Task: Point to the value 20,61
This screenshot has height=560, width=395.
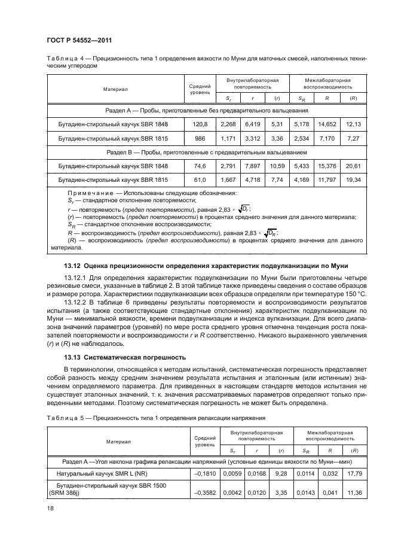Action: (354, 166)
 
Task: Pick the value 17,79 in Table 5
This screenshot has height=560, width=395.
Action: (354, 473)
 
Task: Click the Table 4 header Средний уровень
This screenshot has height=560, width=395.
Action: (200, 89)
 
